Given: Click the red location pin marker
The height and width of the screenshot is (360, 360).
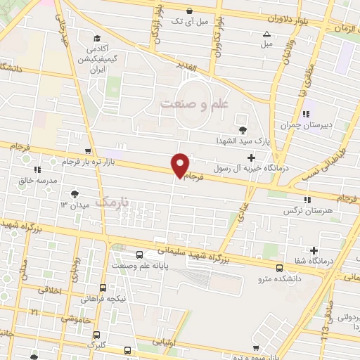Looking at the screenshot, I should click(180, 166).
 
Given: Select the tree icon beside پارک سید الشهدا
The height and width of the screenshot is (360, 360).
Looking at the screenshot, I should click(243, 129).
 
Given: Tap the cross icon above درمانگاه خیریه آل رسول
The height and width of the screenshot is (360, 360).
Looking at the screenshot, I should click(252, 157).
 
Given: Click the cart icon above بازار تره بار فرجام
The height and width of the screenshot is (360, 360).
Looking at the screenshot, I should click(87, 150).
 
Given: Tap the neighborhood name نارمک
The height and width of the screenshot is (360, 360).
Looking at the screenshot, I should click(114, 202).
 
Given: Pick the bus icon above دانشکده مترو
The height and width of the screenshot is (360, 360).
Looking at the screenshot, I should click(280, 268).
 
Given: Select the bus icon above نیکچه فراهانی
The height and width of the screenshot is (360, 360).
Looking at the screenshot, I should click(103, 288).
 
